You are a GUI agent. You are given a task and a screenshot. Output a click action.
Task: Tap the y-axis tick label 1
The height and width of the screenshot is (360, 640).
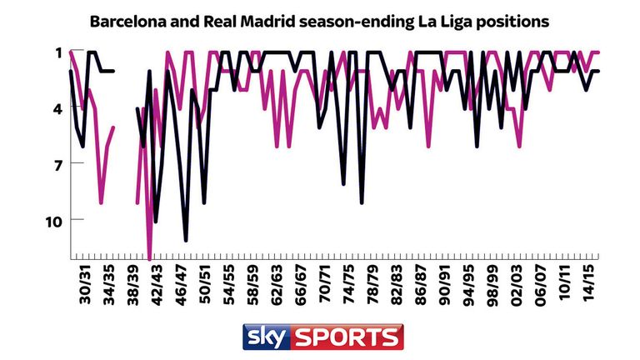pyautogui.click(x=59, y=52)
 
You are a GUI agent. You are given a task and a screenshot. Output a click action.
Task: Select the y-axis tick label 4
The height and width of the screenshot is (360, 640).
pyautogui.click(x=58, y=108)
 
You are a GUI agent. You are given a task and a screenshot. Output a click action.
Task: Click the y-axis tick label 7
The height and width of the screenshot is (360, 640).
pyautogui.click(x=58, y=164)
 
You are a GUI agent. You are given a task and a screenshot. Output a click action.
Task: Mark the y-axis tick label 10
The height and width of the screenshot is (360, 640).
pyautogui.click(x=54, y=220)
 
